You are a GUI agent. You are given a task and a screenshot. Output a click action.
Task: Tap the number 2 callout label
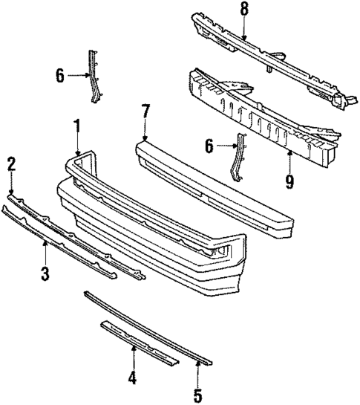coord(12,163)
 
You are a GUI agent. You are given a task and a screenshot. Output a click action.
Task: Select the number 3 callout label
coord(45,274)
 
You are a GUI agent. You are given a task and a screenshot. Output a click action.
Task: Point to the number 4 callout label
coord(132,378)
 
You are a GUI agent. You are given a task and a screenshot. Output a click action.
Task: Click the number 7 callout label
coord(145,111)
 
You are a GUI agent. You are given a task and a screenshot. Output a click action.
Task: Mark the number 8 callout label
coord(244,10)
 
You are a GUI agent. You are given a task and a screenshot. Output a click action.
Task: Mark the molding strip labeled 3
coord(59,242)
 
